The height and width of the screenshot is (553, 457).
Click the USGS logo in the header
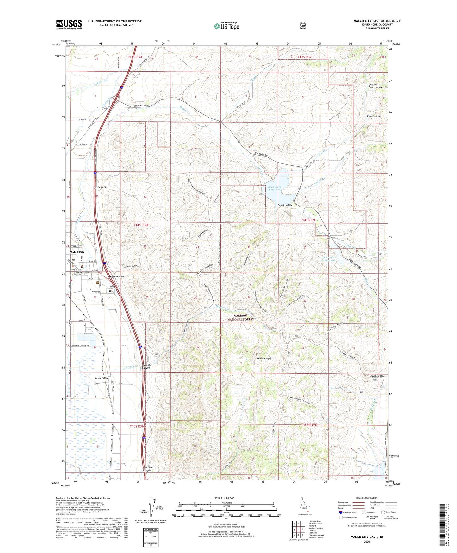coord(69,24)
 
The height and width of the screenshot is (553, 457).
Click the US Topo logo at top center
coord(226,26)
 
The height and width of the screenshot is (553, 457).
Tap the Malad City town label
coord(77,252)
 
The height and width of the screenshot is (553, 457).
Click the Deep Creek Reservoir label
coord(273,189)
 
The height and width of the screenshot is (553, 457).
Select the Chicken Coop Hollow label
coord(375,86)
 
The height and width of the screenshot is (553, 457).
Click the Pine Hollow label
coord(374,116)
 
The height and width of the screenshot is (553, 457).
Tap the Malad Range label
coord(264,359)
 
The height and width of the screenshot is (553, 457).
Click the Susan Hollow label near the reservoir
coord(285,205)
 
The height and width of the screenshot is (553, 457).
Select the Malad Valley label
coord(101,378)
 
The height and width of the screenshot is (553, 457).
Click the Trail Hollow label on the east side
coord(377,376)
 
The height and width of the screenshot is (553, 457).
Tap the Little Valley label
coord(100,188)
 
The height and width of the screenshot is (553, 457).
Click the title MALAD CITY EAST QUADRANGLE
coord(377,21)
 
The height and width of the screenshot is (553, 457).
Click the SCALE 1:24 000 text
coord(224,498)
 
